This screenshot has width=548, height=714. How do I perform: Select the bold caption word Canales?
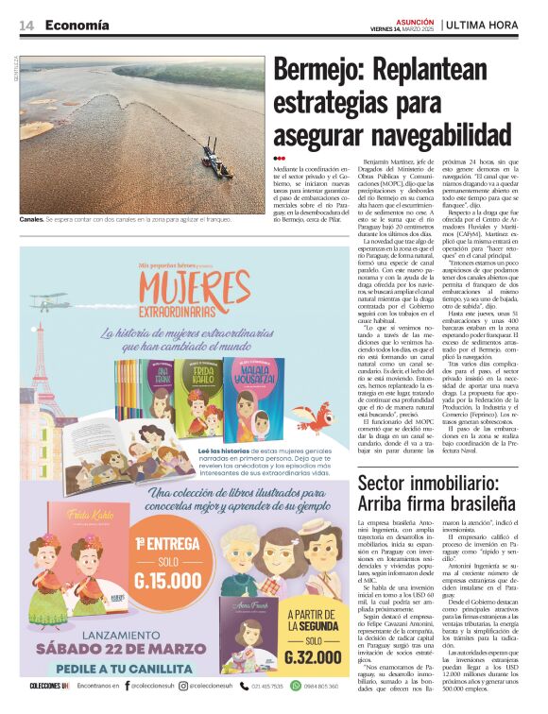(x=31, y=219)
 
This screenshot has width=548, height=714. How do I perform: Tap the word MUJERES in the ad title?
(x=194, y=285)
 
